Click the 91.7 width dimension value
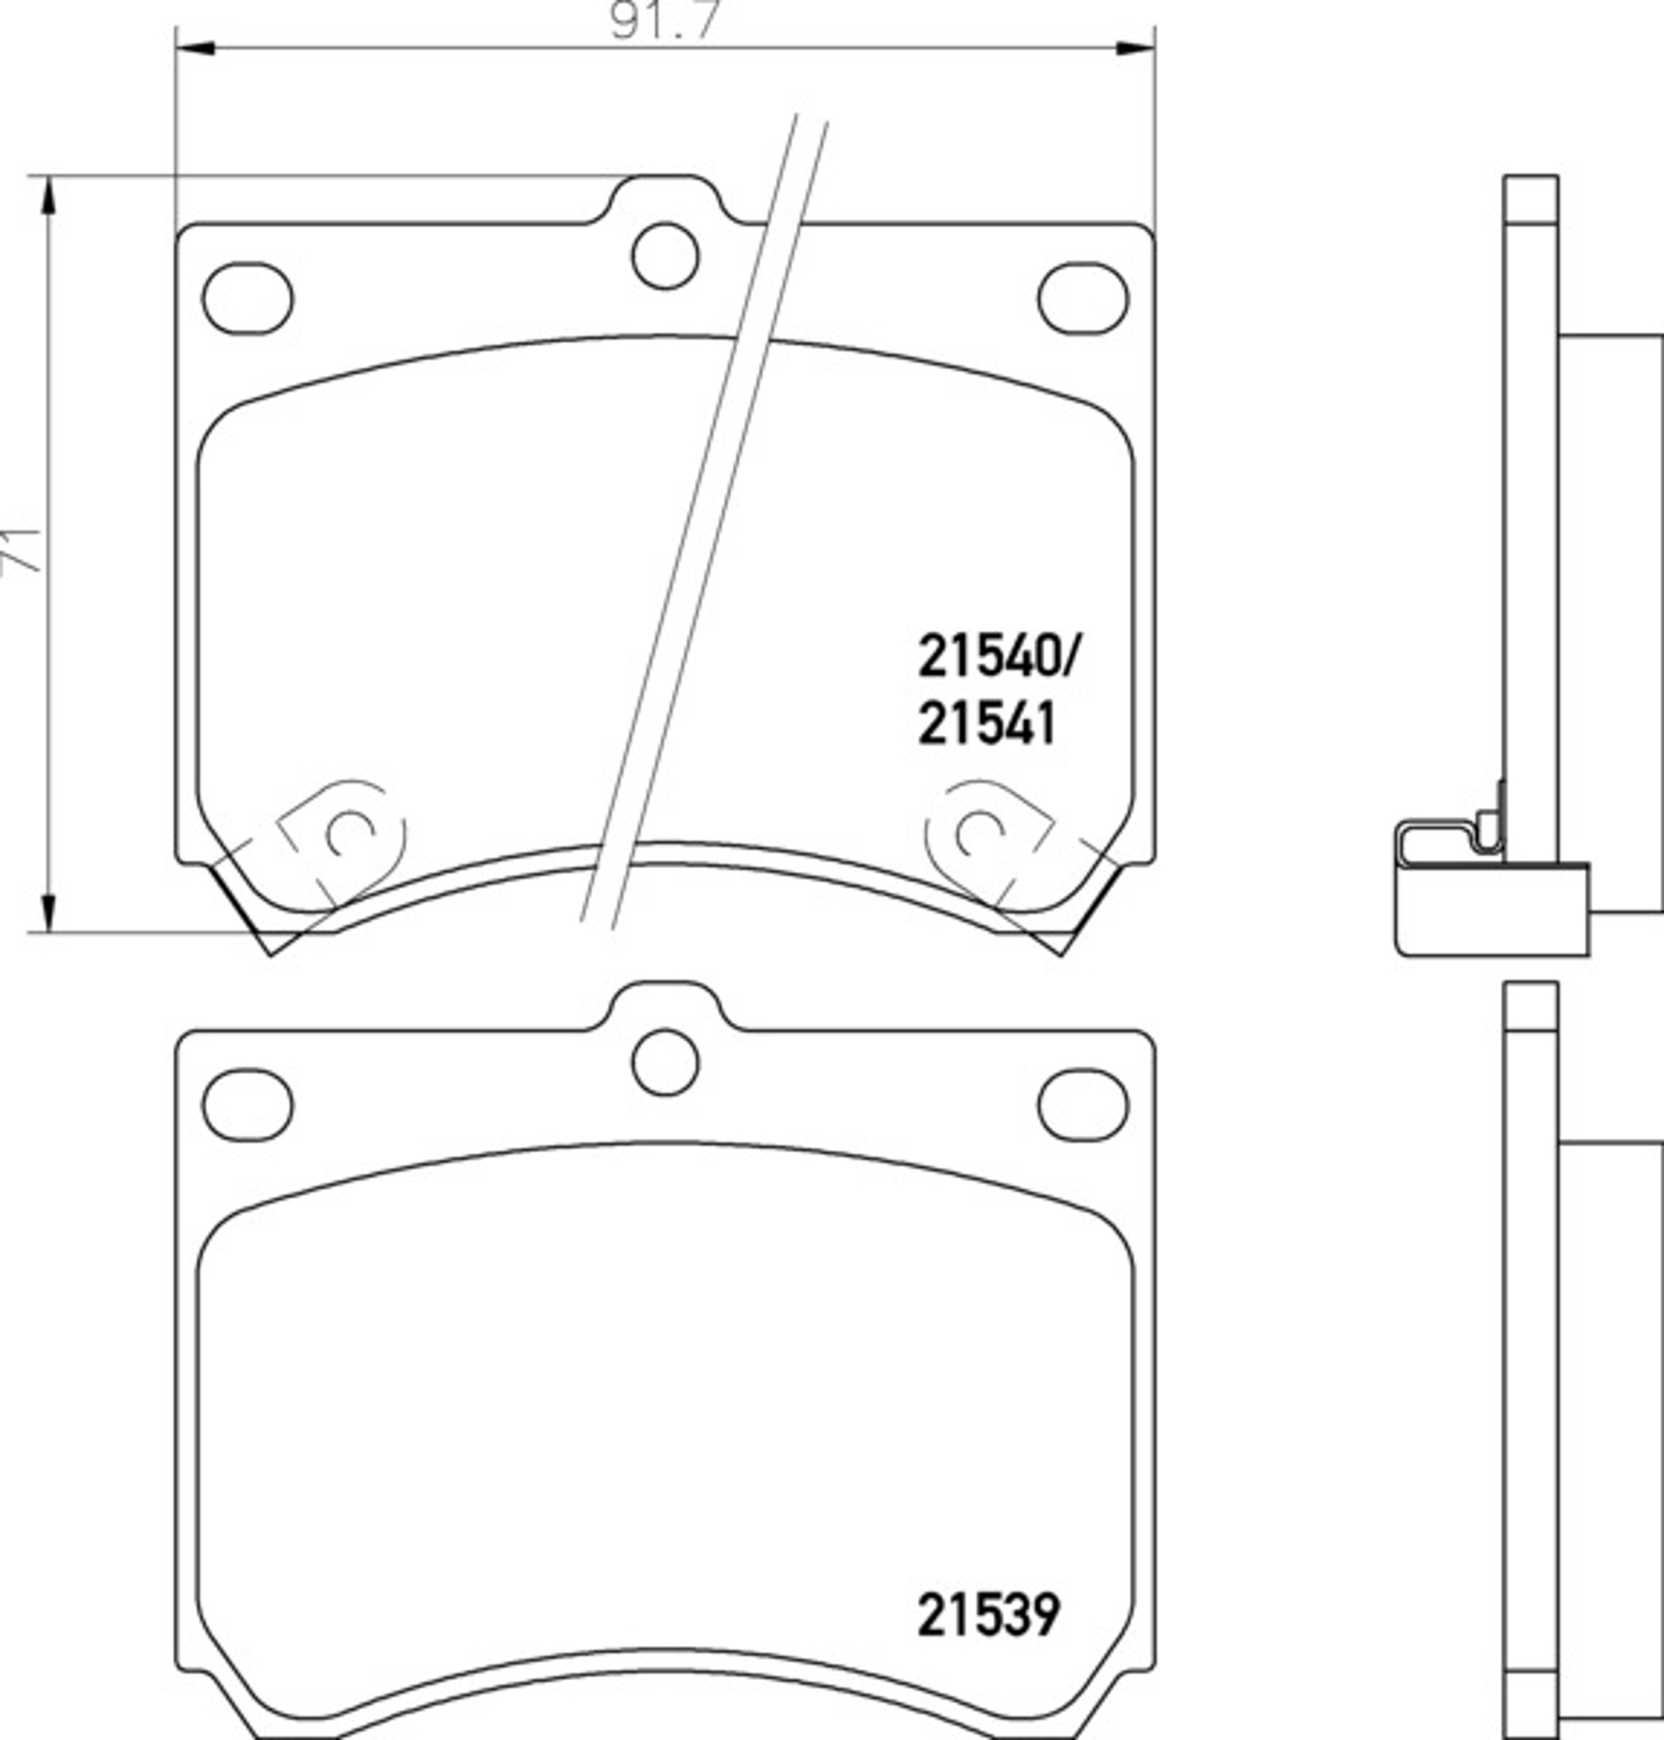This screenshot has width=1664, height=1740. point(662,20)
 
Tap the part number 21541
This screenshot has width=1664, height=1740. point(987,724)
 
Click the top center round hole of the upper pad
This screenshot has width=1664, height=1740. point(665,255)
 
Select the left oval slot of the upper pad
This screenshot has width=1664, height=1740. point(247,297)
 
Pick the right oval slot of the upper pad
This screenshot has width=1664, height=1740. point(1083,297)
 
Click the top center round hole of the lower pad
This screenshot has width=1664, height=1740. point(665,1062)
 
